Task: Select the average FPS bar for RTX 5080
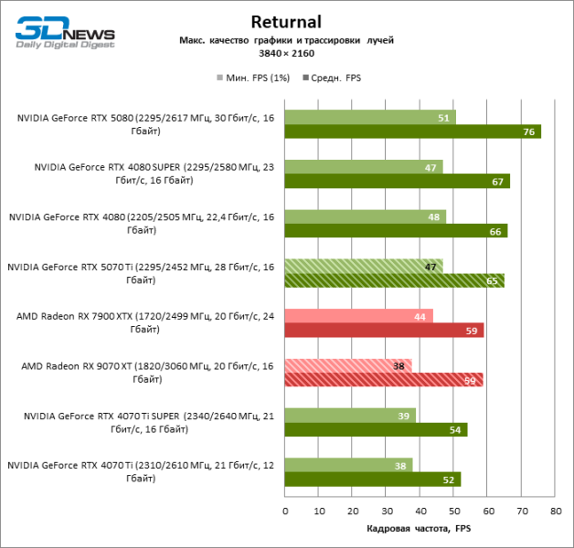point(412,132)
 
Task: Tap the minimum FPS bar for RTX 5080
point(370,118)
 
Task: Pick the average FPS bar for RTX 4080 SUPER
point(397,182)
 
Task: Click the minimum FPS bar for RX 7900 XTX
point(358,316)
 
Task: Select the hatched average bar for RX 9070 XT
point(384,379)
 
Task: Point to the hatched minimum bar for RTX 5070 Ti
point(364,266)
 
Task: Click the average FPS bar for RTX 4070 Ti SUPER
point(376,429)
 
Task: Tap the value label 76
point(529,132)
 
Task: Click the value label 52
point(449,479)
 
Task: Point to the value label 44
point(420,316)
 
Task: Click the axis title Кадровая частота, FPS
point(420,529)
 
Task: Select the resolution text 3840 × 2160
point(286,55)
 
